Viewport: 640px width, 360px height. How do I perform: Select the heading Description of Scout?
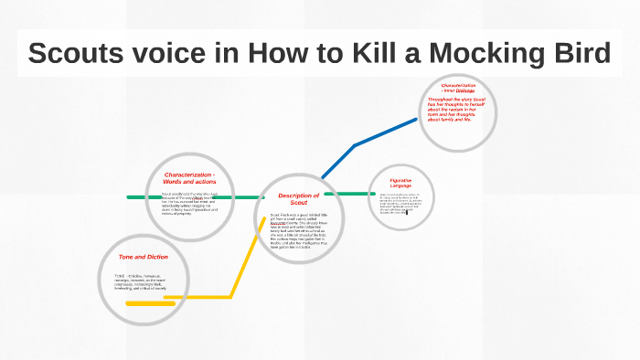[298, 198]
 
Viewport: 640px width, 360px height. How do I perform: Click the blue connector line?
[366, 142]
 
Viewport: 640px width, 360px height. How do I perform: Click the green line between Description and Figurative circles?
[347, 194]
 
